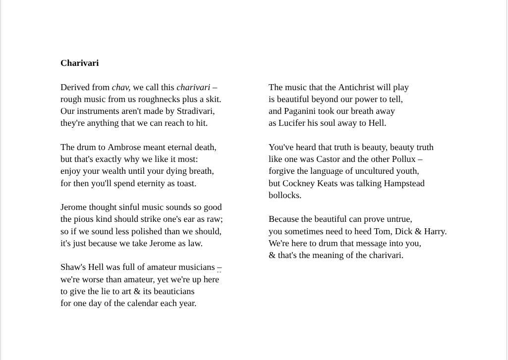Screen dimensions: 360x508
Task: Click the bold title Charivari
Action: [x=79, y=63]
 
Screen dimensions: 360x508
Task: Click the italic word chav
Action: [x=120, y=87]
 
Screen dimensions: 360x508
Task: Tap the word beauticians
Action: [x=169, y=291]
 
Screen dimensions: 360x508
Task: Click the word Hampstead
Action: [x=403, y=183]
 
